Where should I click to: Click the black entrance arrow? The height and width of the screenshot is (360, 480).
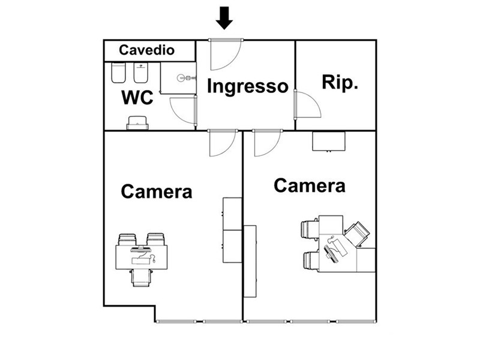pyautogui.click(x=224, y=17)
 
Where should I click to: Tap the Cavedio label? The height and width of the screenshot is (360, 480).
pyautogui.click(x=146, y=50)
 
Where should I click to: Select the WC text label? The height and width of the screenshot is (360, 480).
pyautogui.click(x=137, y=97)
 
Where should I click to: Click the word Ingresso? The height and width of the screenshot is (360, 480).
pyautogui.click(x=247, y=86)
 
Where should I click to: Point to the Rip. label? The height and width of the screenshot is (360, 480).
pyautogui.click(x=340, y=82)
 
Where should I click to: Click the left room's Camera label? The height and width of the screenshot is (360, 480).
pyautogui.click(x=157, y=191)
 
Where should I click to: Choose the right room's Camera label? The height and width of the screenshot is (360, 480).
pyautogui.click(x=310, y=185)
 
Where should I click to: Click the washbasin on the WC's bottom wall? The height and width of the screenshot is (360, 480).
pyautogui.click(x=137, y=124)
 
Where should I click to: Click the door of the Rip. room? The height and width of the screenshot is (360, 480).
pyautogui.click(x=307, y=106)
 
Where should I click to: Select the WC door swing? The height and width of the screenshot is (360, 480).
pyautogui.click(x=183, y=111)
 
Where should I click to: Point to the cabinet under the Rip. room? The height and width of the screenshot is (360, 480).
pyautogui.click(x=328, y=141)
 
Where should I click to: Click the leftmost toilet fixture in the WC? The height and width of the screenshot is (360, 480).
pyautogui.click(x=118, y=74)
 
